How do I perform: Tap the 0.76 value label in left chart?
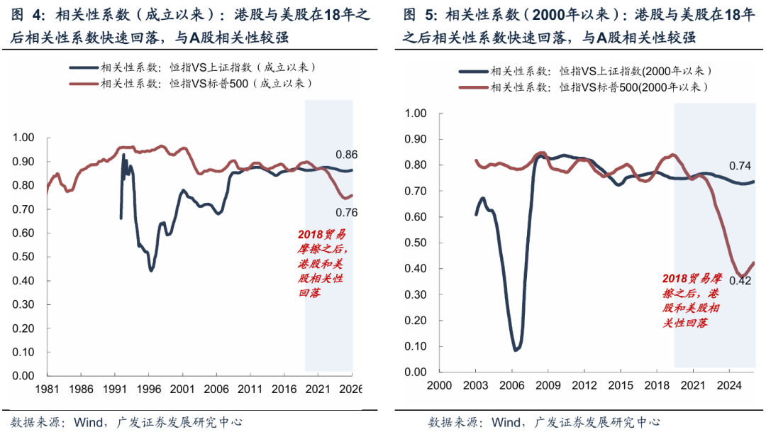[347, 212]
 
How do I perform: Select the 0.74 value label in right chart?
[740, 166]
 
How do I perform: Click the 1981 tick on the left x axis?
[47, 389]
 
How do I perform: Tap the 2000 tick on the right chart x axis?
[438, 385]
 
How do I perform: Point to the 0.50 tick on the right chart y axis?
[414, 243]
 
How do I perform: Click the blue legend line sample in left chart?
[83, 67]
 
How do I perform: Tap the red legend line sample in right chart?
[472, 87]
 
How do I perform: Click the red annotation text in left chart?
[321, 262]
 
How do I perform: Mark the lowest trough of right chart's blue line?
[516, 350]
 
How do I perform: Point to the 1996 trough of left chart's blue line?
[151, 270]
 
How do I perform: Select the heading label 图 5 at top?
[418, 15]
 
